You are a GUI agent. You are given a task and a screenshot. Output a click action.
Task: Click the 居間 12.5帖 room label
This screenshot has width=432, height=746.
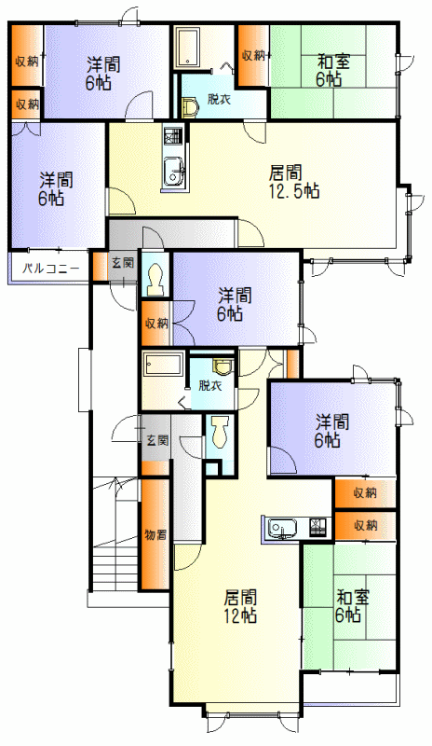coord(293,181)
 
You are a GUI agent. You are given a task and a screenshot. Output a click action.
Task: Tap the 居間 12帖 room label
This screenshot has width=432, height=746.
coord(240,606)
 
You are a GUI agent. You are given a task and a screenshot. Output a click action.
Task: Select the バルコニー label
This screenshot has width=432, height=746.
coord(51,269)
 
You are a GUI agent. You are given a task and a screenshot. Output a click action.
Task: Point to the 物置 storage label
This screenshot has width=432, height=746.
coord(155,534)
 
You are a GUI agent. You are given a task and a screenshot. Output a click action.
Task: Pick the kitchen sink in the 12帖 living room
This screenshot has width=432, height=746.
coord(282,528)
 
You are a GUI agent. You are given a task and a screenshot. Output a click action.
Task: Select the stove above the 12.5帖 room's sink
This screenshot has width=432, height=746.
coord(173,135)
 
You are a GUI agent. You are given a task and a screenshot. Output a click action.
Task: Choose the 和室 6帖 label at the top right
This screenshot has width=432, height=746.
coord(333,71)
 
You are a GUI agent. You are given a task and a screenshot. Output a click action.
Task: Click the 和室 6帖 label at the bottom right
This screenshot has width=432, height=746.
coord(352,606)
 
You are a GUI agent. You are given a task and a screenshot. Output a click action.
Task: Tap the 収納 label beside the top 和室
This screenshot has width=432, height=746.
coord(253,55)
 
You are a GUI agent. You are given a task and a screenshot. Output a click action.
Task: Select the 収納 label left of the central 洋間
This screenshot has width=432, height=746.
coord(156,324)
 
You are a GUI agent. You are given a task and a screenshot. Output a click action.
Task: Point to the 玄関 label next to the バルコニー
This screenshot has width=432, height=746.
coord(123,262)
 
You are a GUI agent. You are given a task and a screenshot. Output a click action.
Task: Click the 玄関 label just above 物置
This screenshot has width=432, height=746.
coord(156,440)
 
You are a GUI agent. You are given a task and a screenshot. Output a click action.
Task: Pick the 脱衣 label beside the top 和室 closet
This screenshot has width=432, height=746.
coord(219,100)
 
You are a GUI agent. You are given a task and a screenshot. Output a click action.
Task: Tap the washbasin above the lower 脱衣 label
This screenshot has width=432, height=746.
coord(223,366)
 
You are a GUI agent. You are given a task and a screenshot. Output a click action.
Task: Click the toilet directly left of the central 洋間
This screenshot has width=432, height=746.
coord(155,281)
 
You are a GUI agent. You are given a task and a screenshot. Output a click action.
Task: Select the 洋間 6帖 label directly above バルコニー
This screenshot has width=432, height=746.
coord(56,189)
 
